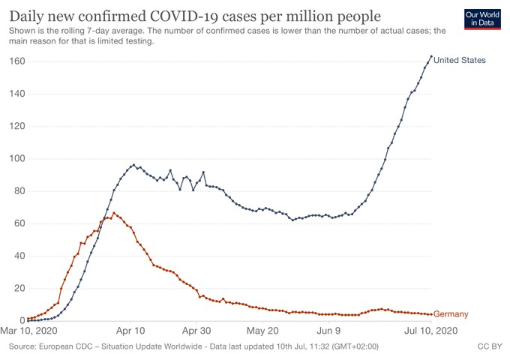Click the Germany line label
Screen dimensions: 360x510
coord(451,314)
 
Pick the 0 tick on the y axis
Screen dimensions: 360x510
coord(19,321)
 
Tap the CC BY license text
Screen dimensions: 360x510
coord(489,347)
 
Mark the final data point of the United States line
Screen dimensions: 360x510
coord(430,56)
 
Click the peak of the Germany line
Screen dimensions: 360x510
coord(113,213)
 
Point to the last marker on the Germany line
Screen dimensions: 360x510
coord(430,314)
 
